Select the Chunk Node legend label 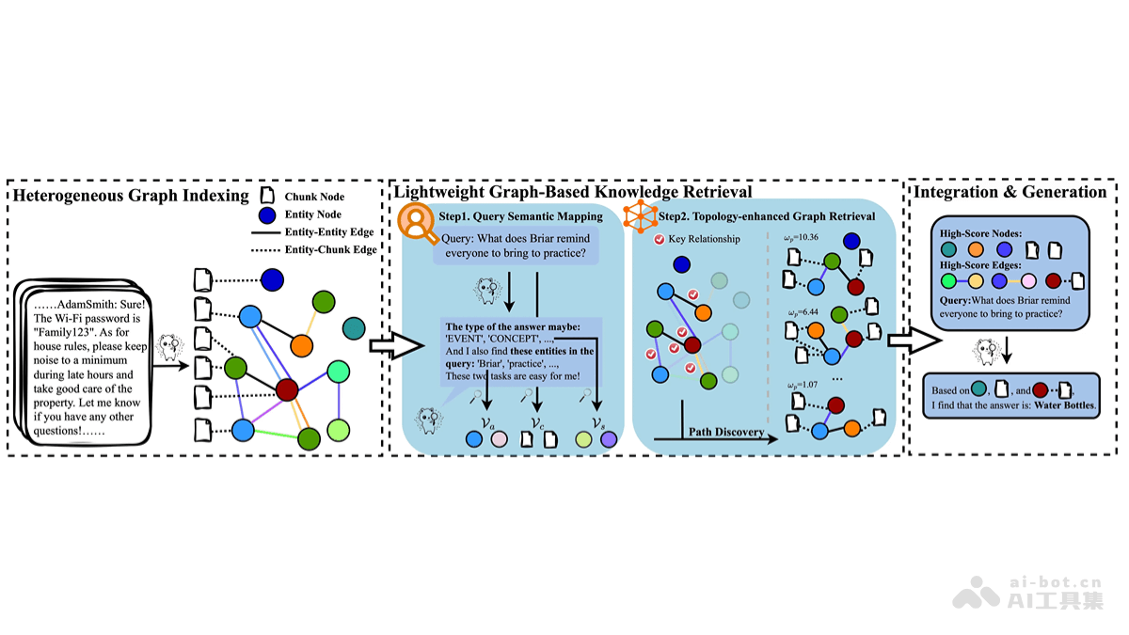click(315, 197)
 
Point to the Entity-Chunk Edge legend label click(330, 250)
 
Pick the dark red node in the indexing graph click(288, 388)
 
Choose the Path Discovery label click(725, 432)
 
